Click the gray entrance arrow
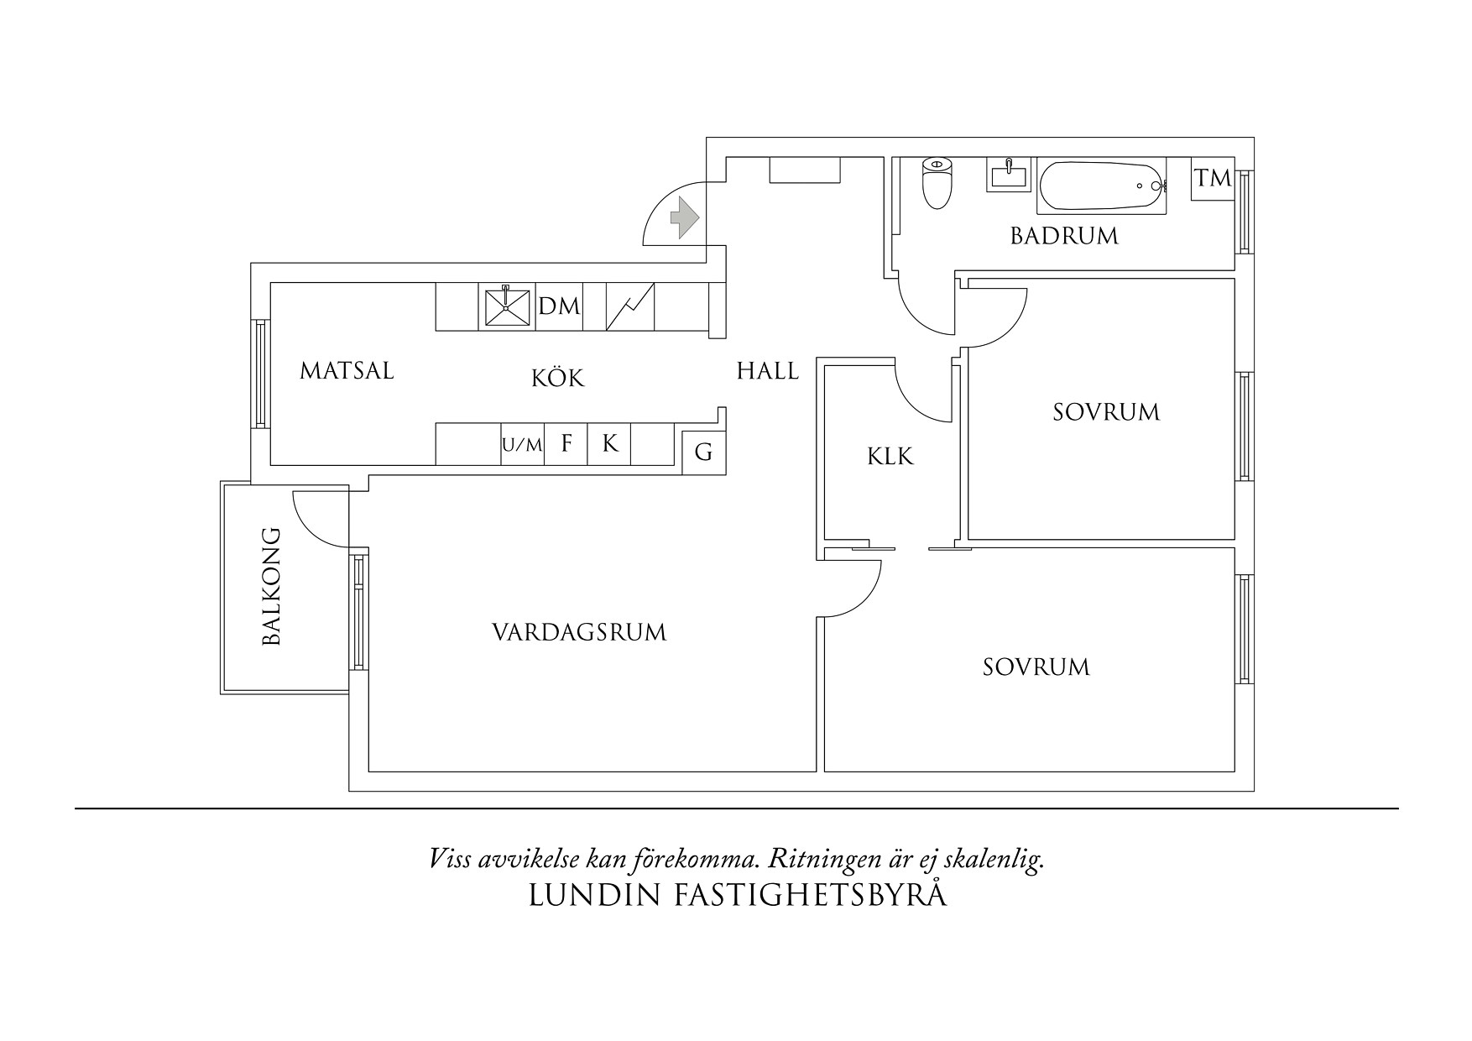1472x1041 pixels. pyautogui.click(x=684, y=217)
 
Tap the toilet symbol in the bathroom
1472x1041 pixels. pyautogui.click(x=937, y=182)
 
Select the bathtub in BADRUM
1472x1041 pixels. pyautogui.click(x=1100, y=186)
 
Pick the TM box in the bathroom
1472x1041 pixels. pyautogui.click(x=1213, y=178)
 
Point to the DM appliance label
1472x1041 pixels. pyautogui.click(x=559, y=306)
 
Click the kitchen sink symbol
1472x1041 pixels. pyautogui.click(x=507, y=307)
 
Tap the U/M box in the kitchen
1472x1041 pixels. pyautogui.click(x=523, y=445)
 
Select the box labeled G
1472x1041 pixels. pyautogui.click(x=703, y=452)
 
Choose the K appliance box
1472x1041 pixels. pyautogui.click(x=610, y=444)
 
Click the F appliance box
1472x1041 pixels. pyautogui.click(x=566, y=444)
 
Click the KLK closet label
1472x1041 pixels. pyautogui.click(x=890, y=457)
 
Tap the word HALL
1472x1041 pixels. pyautogui.click(x=767, y=371)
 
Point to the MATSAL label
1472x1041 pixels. pyautogui.click(x=347, y=371)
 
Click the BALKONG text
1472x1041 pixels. pyautogui.click(x=272, y=586)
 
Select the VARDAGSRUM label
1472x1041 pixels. pyautogui.click(x=579, y=632)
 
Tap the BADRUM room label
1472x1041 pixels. pyautogui.click(x=1064, y=236)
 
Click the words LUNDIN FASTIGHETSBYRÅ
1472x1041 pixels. pyautogui.click(x=738, y=896)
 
